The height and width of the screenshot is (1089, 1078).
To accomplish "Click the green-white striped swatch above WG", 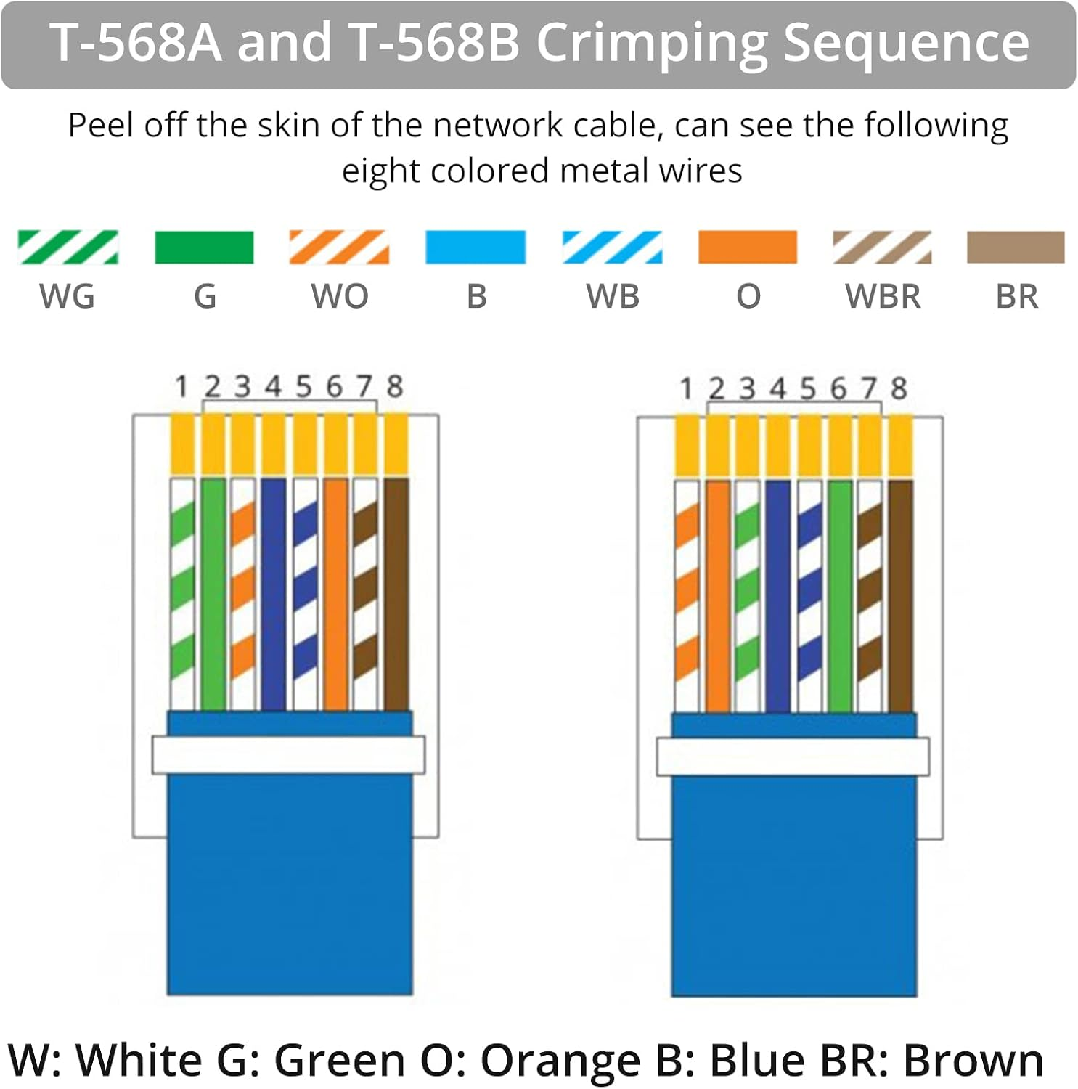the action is pyautogui.click(x=68, y=247).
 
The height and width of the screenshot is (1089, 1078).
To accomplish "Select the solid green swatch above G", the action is pyautogui.click(x=204, y=247).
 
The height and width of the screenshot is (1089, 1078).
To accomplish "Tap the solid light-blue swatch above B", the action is pyautogui.click(x=475, y=247).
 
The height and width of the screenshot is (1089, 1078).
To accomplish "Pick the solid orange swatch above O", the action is pyautogui.click(x=748, y=247).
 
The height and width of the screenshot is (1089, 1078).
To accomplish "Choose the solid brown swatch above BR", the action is pyautogui.click(x=1016, y=247).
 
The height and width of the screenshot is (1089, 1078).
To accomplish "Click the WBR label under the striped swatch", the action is pyautogui.click(x=883, y=296).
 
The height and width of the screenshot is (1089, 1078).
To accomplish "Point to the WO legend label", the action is pyautogui.click(x=340, y=296).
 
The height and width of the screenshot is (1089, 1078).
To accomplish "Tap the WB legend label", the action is pyautogui.click(x=613, y=296).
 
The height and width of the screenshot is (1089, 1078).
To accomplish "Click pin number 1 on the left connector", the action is pyautogui.click(x=181, y=387).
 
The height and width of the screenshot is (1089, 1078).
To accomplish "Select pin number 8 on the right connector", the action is pyautogui.click(x=899, y=388).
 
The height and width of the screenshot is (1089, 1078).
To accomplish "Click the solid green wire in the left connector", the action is pyautogui.click(x=213, y=594).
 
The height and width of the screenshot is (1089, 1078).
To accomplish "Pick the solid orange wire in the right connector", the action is pyautogui.click(x=717, y=596).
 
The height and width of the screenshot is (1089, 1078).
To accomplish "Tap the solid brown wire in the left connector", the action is pyautogui.click(x=396, y=594).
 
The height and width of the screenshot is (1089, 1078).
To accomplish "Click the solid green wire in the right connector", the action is pyautogui.click(x=840, y=596).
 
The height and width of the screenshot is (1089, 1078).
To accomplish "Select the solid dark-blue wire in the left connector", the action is pyautogui.click(x=274, y=594).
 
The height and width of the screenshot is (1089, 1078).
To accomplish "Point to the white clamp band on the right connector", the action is pyautogui.click(x=793, y=757).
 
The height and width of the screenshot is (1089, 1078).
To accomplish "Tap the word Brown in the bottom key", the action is pyautogui.click(x=973, y=1060).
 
